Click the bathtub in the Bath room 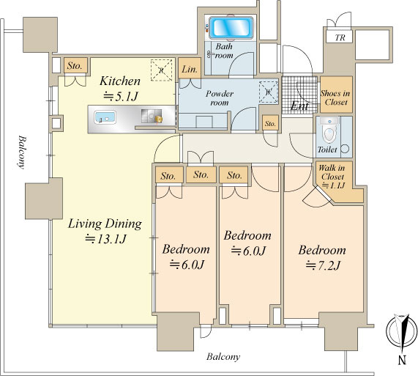click(231, 28)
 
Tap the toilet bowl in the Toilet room click(329, 130)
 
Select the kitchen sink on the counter click(105, 117)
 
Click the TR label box click(340, 37)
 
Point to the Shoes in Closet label click(336, 97)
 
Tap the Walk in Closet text click(332, 172)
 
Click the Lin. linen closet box click(190, 69)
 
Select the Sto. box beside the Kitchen click(75, 65)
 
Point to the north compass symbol click(402, 331)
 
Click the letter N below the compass click(403, 361)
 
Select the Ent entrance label click(299, 106)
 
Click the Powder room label click(220, 98)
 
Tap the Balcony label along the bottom click(223, 356)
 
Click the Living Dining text click(105, 224)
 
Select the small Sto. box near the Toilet click(270, 123)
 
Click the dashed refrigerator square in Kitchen click(161, 70)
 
